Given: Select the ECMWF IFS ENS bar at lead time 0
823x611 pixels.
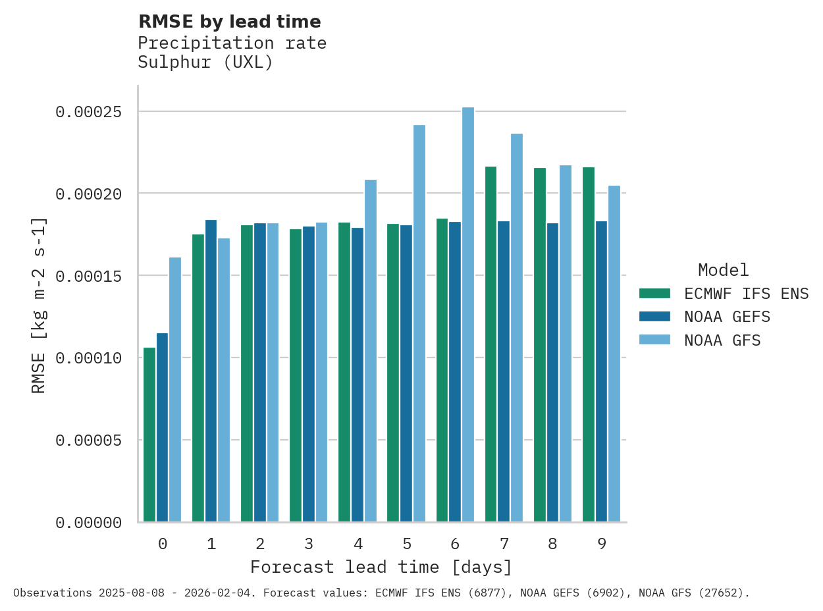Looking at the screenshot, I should click(149, 435).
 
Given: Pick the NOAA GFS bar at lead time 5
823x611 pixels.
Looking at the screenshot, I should click(419, 323).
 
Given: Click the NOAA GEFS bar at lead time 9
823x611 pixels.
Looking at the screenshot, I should click(601, 371).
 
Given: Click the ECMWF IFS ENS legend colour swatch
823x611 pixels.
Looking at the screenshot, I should click(654, 293).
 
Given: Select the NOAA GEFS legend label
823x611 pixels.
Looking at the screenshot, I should click(727, 317).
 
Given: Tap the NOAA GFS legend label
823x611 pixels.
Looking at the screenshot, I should click(722, 340).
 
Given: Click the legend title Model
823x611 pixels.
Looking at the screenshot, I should click(723, 270).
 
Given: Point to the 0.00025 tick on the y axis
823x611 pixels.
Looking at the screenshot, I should click(89, 112).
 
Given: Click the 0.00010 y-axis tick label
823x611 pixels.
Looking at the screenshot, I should click(89, 358).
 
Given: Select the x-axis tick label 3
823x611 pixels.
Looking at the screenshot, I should click(309, 544).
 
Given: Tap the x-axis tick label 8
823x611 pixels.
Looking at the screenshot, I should click(552, 544).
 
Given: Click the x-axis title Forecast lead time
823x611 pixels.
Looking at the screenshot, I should click(381, 567).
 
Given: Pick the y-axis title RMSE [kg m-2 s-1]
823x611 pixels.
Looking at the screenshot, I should click(39, 304).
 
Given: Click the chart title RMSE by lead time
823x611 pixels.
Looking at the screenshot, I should click(229, 22).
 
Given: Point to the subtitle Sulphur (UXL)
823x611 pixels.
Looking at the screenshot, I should click(205, 63).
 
